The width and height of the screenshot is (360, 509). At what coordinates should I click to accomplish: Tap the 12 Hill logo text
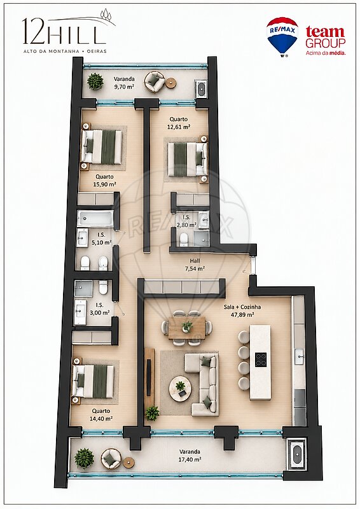tap(65, 31)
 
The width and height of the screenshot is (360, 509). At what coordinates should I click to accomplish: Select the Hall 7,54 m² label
tap(195, 265)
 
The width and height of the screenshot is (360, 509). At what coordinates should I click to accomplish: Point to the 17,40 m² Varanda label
tap(190, 455)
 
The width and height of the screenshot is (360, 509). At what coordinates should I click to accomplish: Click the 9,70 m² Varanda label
tap(123, 83)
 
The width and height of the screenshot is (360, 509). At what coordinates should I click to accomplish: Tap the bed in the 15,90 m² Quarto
tap(102, 146)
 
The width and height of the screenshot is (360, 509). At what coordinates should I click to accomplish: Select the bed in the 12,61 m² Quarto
tap(188, 159)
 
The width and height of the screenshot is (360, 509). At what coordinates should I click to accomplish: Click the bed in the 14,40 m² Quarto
tap(93, 381)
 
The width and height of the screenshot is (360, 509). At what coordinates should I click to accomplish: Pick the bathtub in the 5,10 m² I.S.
tap(95, 218)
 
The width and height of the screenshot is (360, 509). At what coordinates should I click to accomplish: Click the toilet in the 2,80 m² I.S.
tap(184, 239)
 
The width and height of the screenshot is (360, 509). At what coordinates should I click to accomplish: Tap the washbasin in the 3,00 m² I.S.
tap(80, 312)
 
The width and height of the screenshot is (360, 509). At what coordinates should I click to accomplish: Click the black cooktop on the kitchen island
tap(261, 359)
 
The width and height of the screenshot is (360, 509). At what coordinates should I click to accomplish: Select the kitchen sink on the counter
tap(299, 357)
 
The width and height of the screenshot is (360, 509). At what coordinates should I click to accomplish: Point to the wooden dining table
tap(187, 327)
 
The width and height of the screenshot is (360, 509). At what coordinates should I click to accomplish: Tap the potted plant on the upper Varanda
tap(95, 81)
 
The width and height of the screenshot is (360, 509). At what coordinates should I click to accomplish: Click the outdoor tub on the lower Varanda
tap(296, 454)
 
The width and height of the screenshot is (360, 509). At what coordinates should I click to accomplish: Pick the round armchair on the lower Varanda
tap(111, 459)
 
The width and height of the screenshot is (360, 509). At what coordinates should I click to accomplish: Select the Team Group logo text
tap(325, 40)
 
